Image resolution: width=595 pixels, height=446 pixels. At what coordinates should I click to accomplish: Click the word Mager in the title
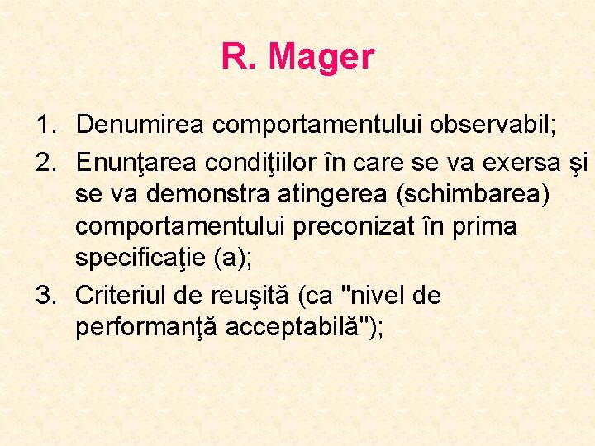click(x=321, y=58)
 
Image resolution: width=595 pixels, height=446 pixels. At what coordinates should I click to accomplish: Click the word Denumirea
click(x=141, y=126)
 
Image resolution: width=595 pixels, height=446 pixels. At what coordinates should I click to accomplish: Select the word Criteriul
click(x=125, y=296)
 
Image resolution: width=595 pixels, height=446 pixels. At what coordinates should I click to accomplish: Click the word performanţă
click(x=145, y=328)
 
